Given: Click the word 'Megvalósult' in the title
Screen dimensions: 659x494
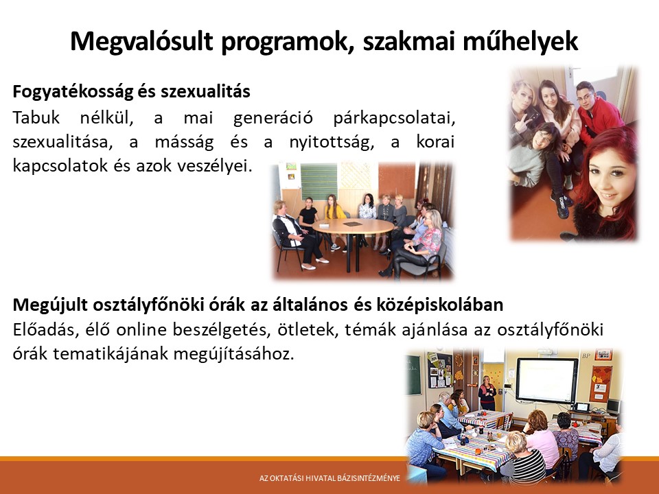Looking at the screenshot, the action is point(141,42).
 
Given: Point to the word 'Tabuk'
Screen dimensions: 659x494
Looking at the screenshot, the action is point(36,117).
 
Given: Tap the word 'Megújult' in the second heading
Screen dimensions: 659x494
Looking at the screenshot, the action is point(50,305).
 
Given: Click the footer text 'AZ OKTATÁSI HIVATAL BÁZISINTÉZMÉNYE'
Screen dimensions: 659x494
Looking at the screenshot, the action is point(329,478).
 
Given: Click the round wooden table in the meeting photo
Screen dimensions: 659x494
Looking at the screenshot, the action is point(353,226).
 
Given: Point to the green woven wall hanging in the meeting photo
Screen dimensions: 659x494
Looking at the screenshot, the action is point(319,182).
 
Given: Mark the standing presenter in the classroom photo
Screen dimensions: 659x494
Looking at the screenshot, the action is point(487,392).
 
